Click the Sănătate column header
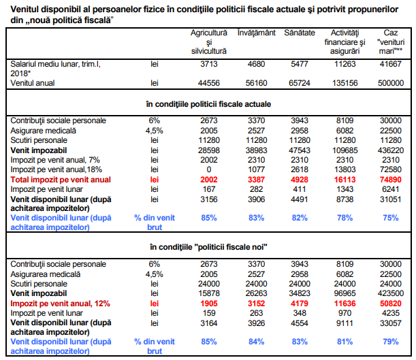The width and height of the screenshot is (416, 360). pyautogui.click(x=300, y=33)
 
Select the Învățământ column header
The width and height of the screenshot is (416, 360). pyautogui.click(x=256, y=33)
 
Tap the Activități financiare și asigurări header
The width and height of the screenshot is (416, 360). pyautogui.click(x=345, y=42)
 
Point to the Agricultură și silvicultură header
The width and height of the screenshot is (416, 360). pyautogui.click(x=209, y=42)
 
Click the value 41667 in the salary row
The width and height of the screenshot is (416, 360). pyautogui.click(x=391, y=64)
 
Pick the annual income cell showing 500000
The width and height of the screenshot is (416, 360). pyautogui.click(x=391, y=83)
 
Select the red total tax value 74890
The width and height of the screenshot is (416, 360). pyautogui.click(x=391, y=180)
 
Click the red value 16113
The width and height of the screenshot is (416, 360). pyautogui.click(x=345, y=180)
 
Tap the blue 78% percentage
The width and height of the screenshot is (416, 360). pyautogui.click(x=345, y=218)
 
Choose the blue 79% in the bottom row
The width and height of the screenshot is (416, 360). pyautogui.click(x=391, y=342)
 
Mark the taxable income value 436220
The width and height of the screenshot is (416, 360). pyautogui.click(x=391, y=150)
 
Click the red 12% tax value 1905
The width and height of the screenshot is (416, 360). pyautogui.click(x=209, y=304)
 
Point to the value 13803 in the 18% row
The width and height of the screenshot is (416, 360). pyautogui.click(x=345, y=169)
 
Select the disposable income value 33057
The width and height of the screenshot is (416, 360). pyautogui.click(x=391, y=323)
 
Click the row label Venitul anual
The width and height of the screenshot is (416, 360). pyautogui.click(x=33, y=83)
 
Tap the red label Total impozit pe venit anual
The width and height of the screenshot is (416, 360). pyautogui.click(x=61, y=180)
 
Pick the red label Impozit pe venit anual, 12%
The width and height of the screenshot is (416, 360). pyautogui.click(x=60, y=304)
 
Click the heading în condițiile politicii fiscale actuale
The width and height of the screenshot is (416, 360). pyautogui.click(x=208, y=104)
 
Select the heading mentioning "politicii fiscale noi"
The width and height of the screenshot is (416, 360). pyautogui.click(x=208, y=247)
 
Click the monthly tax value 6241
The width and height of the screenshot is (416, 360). pyautogui.click(x=391, y=189)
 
